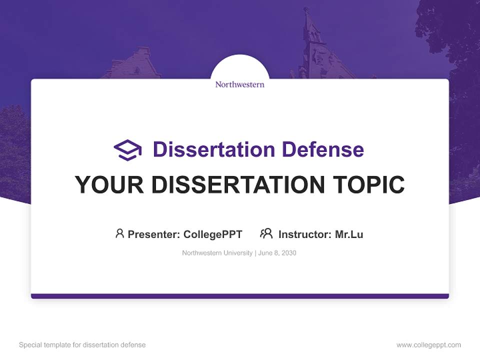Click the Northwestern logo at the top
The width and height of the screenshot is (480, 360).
(239, 84)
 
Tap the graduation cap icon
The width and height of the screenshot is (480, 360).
(127, 150)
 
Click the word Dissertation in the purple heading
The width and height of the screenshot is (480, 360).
(213, 149)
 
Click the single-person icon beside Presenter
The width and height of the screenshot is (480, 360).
(119, 233)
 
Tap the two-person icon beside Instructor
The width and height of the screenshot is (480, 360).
(266, 233)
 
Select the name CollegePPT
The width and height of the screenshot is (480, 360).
(212, 234)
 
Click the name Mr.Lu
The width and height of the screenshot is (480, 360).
(349, 234)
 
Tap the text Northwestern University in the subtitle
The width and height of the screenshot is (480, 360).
(217, 253)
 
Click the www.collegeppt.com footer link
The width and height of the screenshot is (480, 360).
(428, 345)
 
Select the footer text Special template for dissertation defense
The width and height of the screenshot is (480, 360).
(82, 345)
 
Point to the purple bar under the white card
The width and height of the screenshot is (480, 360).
(239, 296)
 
